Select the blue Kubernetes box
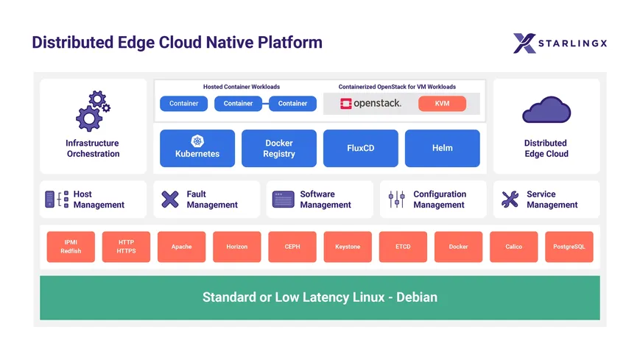tap(197, 148)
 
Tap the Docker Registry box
tap(278, 148)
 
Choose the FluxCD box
tap(360, 148)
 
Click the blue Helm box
tap(442, 148)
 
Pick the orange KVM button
tap(442, 104)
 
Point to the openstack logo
tap(370, 104)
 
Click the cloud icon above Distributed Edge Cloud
tap(546, 110)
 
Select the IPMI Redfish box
tap(71, 247)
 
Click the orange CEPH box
tap(292, 247)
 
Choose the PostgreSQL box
tap(569, 247)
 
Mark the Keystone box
tap(348, 247)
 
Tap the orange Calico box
tap(513, 247)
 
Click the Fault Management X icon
tap(170, 200)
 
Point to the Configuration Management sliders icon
tap(396, 200)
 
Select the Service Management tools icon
tap(510, 200)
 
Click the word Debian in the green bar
tap(417, 298)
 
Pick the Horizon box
tap(237, 247)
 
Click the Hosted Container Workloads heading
tap(241, 87)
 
